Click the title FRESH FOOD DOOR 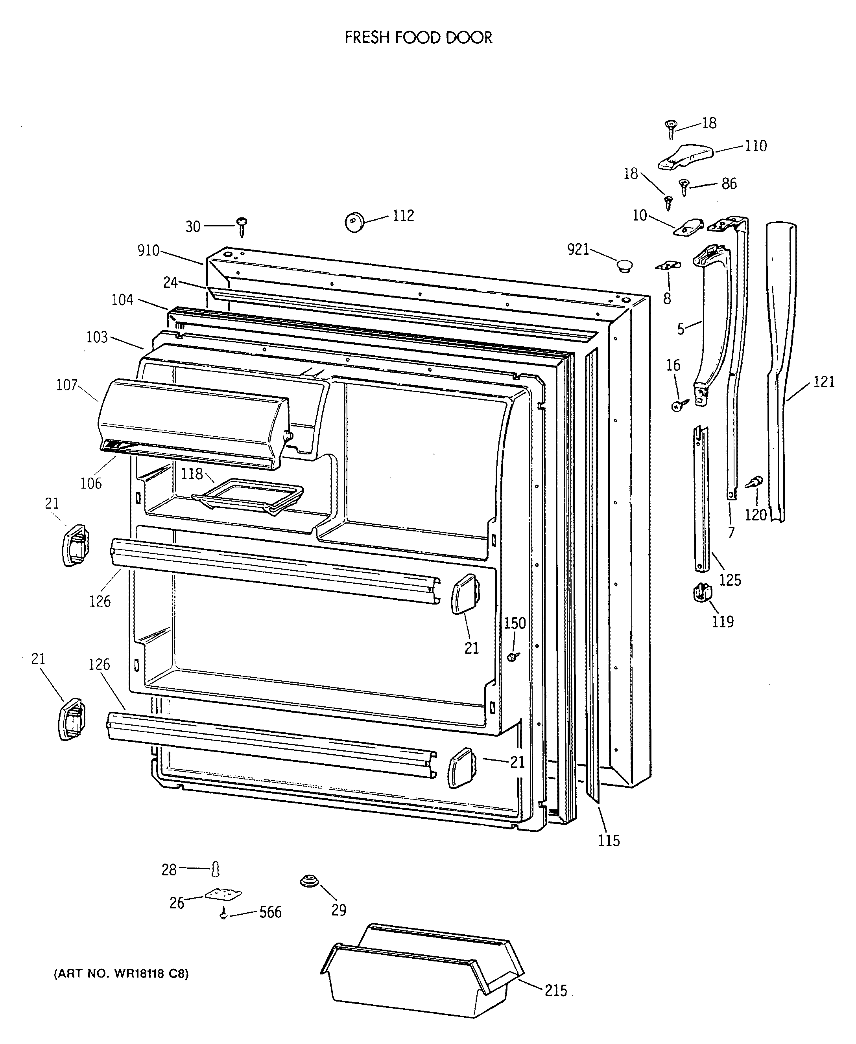click(418, 38)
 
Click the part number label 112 click(403, 216)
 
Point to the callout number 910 click(148, 251)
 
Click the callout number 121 click(823, 382)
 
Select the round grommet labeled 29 click(309, 880)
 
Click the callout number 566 click(270, 912)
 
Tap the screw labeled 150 click(513, 656)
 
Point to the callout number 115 click(609, 840)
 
